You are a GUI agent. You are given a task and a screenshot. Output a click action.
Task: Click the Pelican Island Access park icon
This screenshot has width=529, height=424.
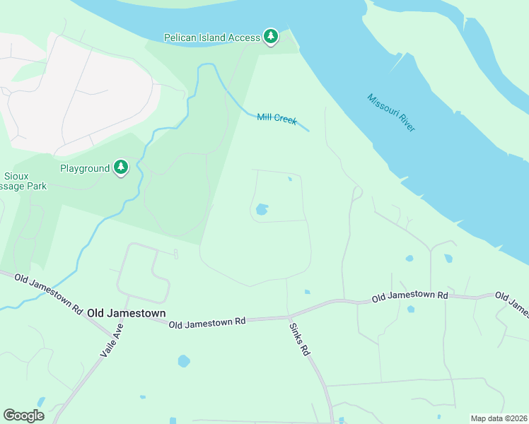point(270,36)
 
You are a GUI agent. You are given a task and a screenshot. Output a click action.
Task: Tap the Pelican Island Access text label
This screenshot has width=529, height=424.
point(211,37)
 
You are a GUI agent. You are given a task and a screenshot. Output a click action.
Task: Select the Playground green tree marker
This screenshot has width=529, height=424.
point(122,167)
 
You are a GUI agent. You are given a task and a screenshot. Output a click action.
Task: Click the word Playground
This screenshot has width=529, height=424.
point(85,168)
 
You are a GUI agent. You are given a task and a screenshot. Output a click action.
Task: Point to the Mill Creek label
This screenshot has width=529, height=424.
point(277,119)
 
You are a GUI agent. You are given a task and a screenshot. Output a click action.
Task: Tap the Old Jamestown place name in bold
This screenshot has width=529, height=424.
point(127,312)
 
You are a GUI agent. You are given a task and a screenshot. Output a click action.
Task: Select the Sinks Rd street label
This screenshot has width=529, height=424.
point(299,339)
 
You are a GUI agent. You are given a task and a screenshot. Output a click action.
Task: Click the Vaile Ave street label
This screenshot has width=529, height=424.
point(112,340)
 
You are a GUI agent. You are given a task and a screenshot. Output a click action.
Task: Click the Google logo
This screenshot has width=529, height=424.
point(24,415)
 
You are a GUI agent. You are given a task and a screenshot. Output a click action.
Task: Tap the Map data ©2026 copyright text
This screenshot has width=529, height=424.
point(498,418)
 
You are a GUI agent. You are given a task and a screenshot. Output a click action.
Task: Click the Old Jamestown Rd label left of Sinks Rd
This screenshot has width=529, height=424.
point(207,322)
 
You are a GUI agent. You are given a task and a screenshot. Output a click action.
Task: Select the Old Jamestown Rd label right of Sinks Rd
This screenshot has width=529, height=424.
point(410,297)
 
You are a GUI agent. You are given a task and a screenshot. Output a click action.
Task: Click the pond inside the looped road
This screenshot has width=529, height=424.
point(262,209)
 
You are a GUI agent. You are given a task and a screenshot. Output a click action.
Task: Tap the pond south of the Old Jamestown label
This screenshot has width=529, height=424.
point(184,361)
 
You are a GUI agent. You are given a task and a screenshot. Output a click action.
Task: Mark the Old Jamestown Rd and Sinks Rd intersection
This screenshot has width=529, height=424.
point(289,316)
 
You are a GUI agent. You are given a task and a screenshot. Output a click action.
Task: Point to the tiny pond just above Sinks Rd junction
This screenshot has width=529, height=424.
point(306,291)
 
